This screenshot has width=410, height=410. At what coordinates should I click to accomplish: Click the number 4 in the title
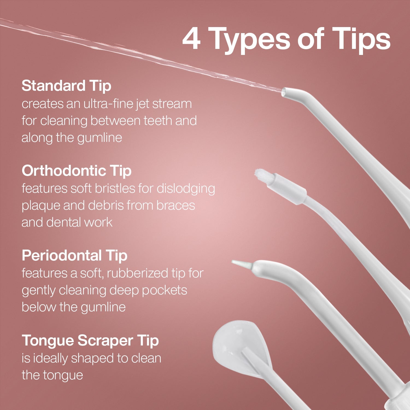point(192,39)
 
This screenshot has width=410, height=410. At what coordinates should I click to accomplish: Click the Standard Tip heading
point(66,86)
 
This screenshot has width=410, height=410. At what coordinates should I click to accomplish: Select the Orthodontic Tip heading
point(77,171)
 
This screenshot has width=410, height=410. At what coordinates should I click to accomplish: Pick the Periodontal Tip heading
point(74,256)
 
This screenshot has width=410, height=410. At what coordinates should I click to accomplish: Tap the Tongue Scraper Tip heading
point(90,341)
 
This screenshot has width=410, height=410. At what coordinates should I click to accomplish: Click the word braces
point(176,206)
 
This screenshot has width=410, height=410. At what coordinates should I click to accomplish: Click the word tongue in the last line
point(67,375)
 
